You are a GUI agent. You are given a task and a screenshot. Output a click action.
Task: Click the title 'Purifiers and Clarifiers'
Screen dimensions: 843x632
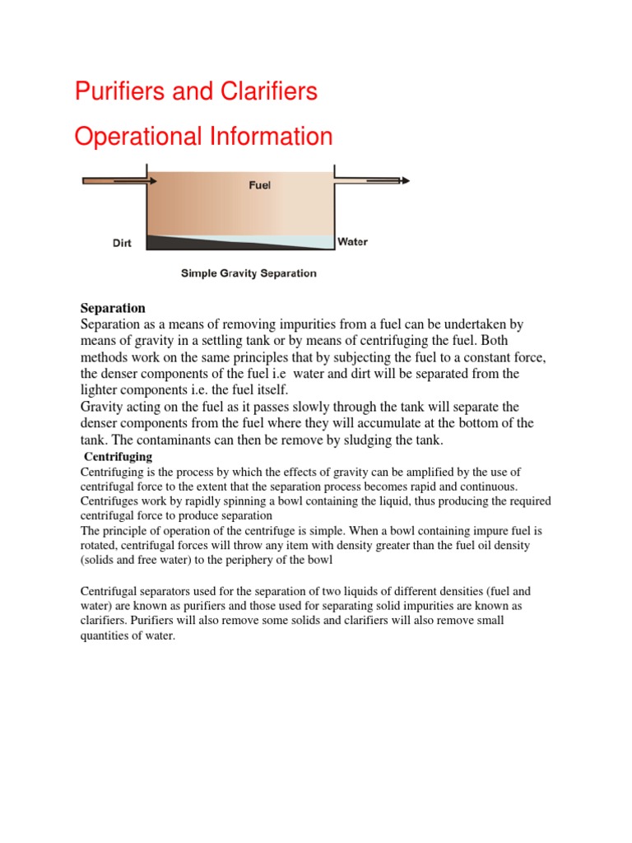(196, 91)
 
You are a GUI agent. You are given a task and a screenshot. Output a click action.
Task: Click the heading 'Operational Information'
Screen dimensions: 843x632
(203, 137)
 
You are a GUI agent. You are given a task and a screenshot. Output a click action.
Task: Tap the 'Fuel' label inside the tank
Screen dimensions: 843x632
(260, 185)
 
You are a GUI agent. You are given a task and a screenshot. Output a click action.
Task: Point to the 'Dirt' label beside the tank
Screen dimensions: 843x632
(123, 243)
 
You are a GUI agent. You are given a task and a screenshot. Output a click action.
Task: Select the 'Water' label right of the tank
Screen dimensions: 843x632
(353, 242)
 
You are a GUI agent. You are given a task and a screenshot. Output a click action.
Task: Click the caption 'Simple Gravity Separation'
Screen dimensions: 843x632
(249, 273)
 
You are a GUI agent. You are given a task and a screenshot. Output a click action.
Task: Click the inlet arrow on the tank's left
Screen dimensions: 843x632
(115, 180)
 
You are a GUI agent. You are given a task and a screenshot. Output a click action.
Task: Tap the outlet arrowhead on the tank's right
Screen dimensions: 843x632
(403, 180)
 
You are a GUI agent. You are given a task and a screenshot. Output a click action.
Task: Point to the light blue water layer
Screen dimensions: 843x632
(304, 241)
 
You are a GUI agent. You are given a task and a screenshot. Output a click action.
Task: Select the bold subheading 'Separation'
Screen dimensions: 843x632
(112, 308)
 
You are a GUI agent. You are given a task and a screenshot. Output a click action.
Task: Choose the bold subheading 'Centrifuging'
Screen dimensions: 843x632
(118, 457)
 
